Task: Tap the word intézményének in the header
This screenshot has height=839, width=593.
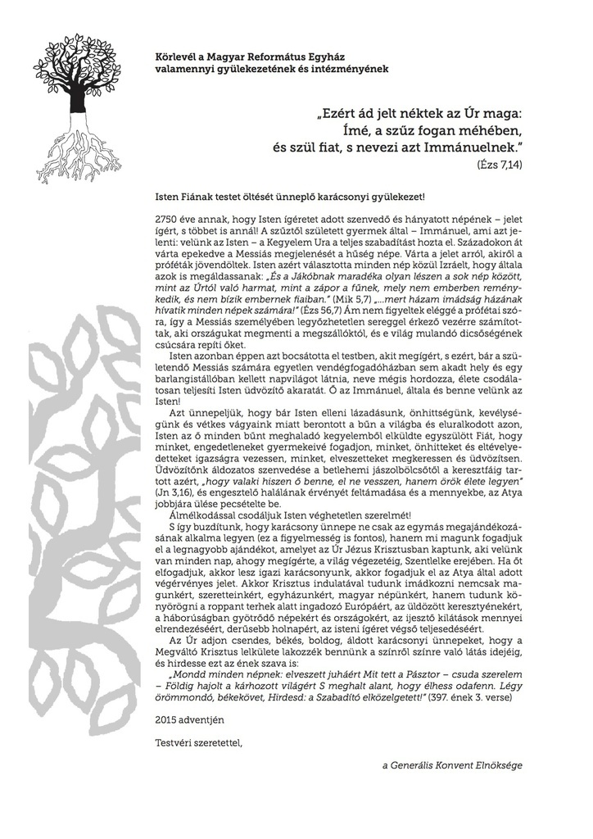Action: pyautogui.click(x=346, y=69)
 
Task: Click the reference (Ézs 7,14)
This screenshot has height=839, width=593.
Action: pyautogui.click(x=499, y=165)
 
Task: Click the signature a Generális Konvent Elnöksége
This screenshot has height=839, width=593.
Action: pyautogui.click(x=452, y=765)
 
